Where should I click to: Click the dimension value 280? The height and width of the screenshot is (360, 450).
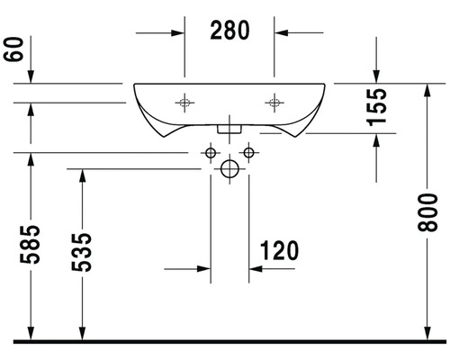[x=229, y=30]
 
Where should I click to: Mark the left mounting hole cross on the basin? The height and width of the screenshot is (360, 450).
[x=185, y=102]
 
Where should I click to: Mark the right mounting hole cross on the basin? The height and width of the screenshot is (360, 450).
[x=272, y=102]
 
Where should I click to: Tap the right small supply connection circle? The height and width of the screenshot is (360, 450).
[x=247, y=152]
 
